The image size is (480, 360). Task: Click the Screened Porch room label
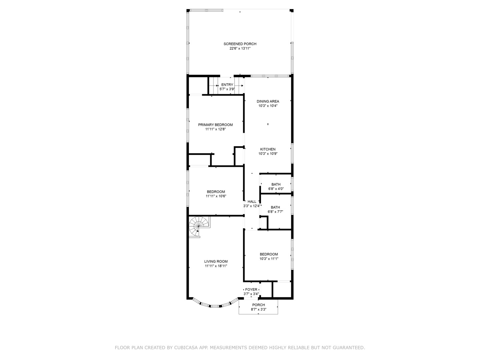click(x=240, y=44)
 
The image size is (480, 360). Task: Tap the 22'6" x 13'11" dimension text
click(x=240, y=48)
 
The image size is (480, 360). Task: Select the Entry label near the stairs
click(x=227, y=85)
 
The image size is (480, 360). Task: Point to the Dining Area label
click(x=268, y=101)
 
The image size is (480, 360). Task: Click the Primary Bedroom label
click(x=215, y=125)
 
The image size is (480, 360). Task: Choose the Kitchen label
click(x=268, y=149)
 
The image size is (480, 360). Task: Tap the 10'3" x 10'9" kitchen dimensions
click(x=268, y=154)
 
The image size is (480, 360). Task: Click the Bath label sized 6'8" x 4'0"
click(x=276, y=184)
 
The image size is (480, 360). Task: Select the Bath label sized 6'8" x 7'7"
click(x=275, y=207)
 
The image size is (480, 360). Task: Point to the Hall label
click(x=252, y=202)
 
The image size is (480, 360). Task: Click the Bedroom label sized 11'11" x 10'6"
click(x=216, y=192)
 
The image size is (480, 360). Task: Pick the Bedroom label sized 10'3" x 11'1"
click(x=269, y=254)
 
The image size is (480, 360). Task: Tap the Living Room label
click(x=216, y=262)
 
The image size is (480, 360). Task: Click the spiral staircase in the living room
click(x=199, y=226)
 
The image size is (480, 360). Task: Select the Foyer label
click(x=251, y=290)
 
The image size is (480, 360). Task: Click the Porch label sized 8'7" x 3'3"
click(x=258, y=305)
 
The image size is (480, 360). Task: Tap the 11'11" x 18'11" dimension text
click(x=216, y=266)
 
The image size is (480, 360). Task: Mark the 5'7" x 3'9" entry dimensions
click(x=227, y=89)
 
